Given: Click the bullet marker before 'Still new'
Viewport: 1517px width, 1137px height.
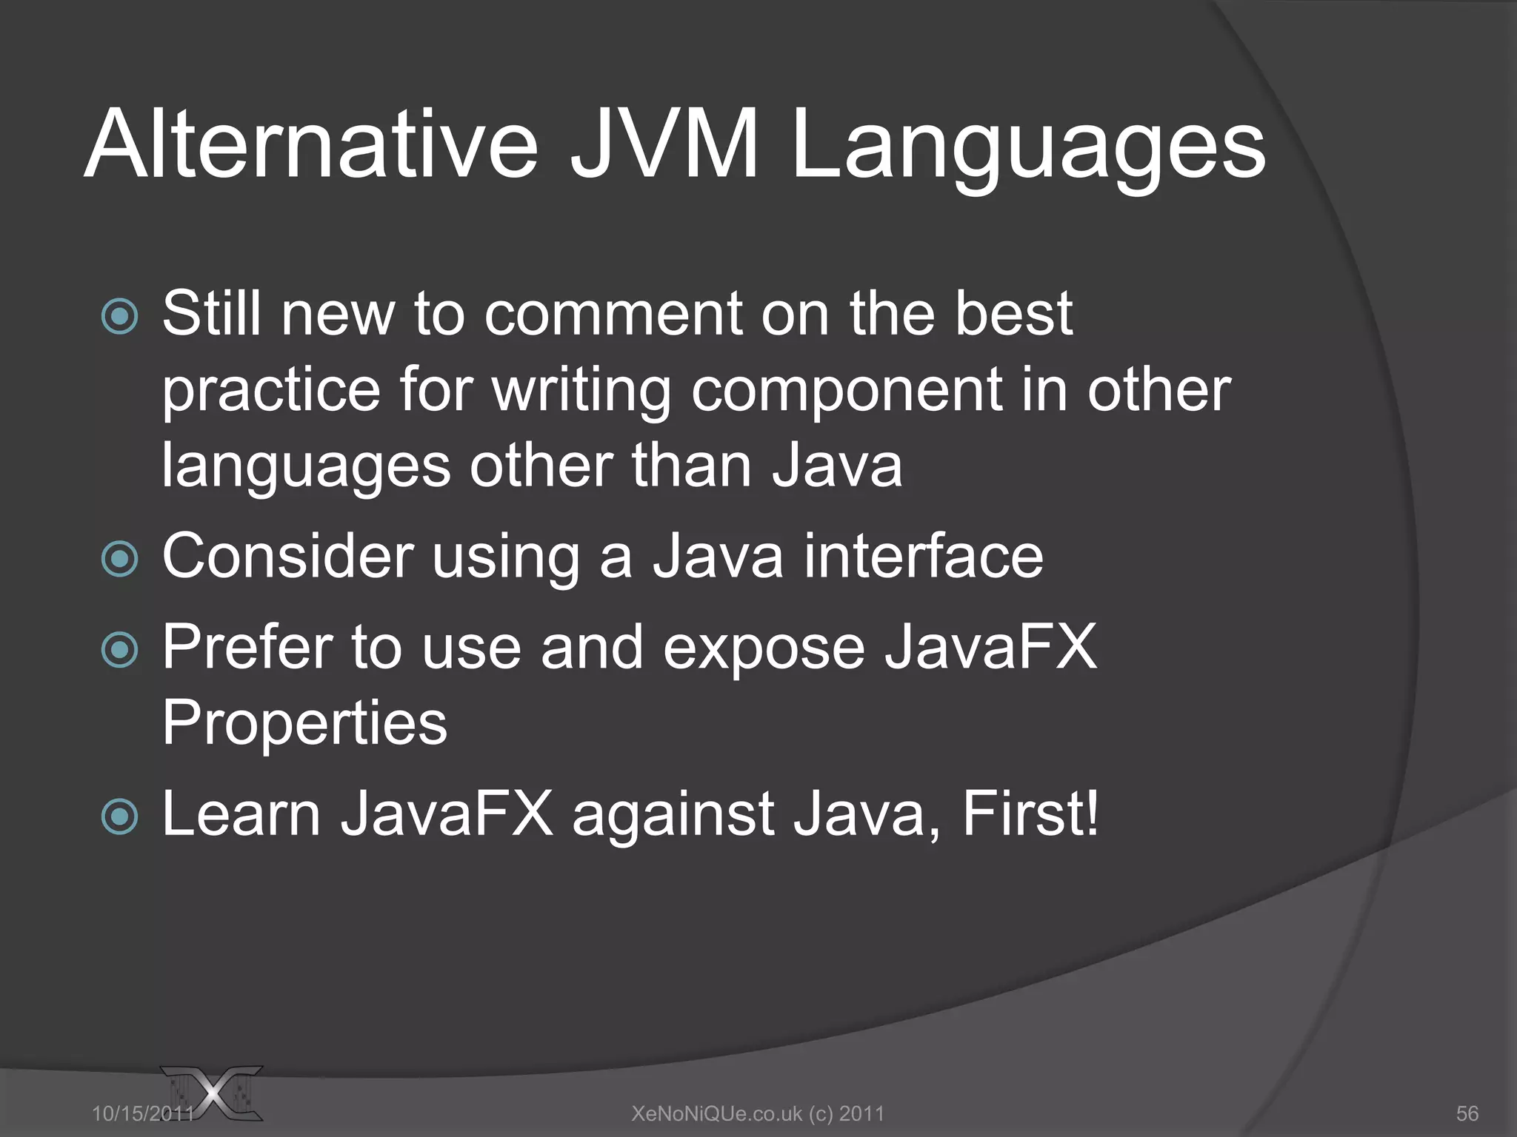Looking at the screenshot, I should [x=119, y=317].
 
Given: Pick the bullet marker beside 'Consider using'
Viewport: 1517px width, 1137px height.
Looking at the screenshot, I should [x=119, y=559].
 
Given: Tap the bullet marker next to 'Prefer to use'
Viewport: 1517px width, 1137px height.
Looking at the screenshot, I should [x=119, y=650].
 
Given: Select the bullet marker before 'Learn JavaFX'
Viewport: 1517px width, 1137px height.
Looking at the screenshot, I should [x=119, y=816].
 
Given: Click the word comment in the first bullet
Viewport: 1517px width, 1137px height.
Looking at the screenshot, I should [x=613, y=314].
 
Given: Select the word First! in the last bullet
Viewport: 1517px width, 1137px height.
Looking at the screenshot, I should [x=1030, y=814].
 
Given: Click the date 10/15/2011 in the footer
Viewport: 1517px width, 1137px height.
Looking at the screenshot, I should [x=141, y=1113].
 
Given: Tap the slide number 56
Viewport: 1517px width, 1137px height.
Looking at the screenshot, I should [x=1467, y=1113].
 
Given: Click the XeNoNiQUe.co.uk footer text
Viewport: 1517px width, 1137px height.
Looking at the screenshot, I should [x=757, y=1113].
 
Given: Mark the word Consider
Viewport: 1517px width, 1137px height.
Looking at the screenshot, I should [x=287, y=557].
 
